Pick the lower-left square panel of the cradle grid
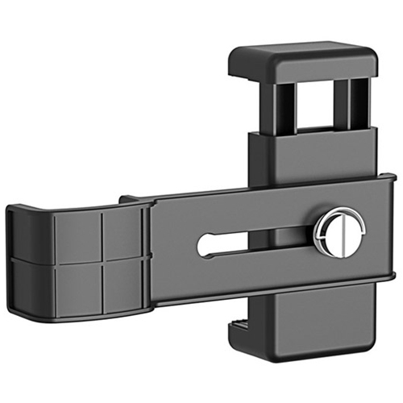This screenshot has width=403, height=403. point(77,286)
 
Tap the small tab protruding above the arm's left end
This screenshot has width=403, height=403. point(129,197)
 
